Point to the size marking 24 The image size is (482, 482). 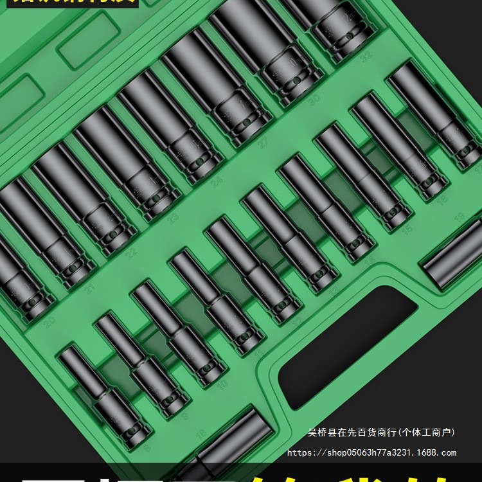click(x=217, y=182)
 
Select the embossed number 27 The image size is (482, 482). click(x=263, y=144)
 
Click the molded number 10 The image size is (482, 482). click(x=221, y=384)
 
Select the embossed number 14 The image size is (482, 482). click(x=368, y=259)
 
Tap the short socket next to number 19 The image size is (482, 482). click(x=453, y=253)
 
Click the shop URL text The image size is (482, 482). click(x=371, y=452)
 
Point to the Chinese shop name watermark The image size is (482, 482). click(x=381, y=433)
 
